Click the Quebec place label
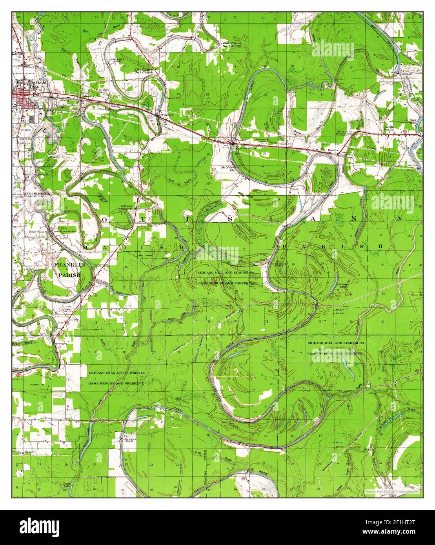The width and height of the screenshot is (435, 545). (332, 149)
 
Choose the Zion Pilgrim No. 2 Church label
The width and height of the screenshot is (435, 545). (231, 44)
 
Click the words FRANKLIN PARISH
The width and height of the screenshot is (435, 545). (69, 270)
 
